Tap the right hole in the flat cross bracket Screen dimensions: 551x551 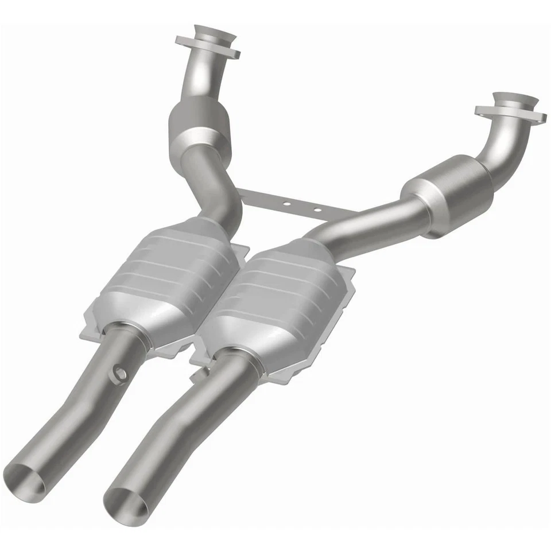coord(317,210)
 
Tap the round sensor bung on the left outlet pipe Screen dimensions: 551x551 coord(121,374)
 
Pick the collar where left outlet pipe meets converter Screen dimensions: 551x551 coord(123,336)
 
